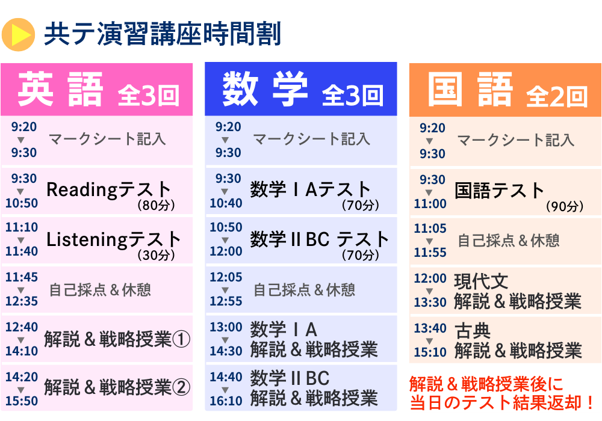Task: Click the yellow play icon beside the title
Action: pos(18,34)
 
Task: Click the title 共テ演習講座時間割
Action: pos(163,34)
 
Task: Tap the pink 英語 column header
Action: pos(97,90)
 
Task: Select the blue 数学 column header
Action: pos(301,89)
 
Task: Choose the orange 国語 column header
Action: pos(505,90)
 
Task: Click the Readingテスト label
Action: pos(108,189)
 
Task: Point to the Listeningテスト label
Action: pos(114,239)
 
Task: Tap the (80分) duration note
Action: pos(157,205)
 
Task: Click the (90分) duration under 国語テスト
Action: pos(565,206)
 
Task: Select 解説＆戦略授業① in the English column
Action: pos(117,339)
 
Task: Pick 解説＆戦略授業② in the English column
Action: pos(117,387)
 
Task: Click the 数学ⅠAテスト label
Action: pos(310,189)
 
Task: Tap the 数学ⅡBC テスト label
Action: pos(320,239)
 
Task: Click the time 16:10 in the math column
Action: pos(226,401)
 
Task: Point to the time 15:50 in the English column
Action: pos(22,401)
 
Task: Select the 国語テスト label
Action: pos(500,190)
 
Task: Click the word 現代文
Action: pos(482,282)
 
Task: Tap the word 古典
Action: pos(473,331)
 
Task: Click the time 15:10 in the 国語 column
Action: pos(430,352)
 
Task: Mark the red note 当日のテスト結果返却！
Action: pos(502,402)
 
